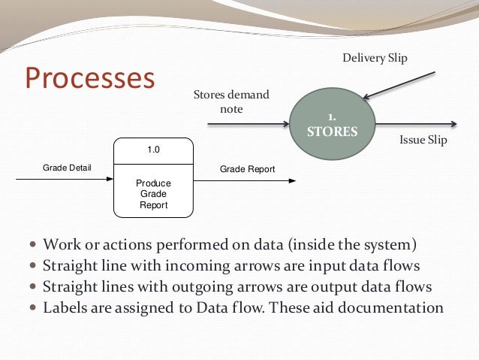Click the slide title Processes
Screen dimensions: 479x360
(89, 78)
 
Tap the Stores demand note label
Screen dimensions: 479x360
(231, 102)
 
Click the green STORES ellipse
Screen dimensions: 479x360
(333, 125)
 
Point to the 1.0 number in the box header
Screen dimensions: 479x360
(153, 150)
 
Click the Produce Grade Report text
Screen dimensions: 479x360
(153, 194)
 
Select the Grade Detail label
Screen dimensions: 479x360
(66, 168)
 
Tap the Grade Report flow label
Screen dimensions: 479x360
(247, 169)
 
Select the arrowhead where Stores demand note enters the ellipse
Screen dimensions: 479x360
(285, 124)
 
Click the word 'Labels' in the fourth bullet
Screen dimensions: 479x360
(65, 307)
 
